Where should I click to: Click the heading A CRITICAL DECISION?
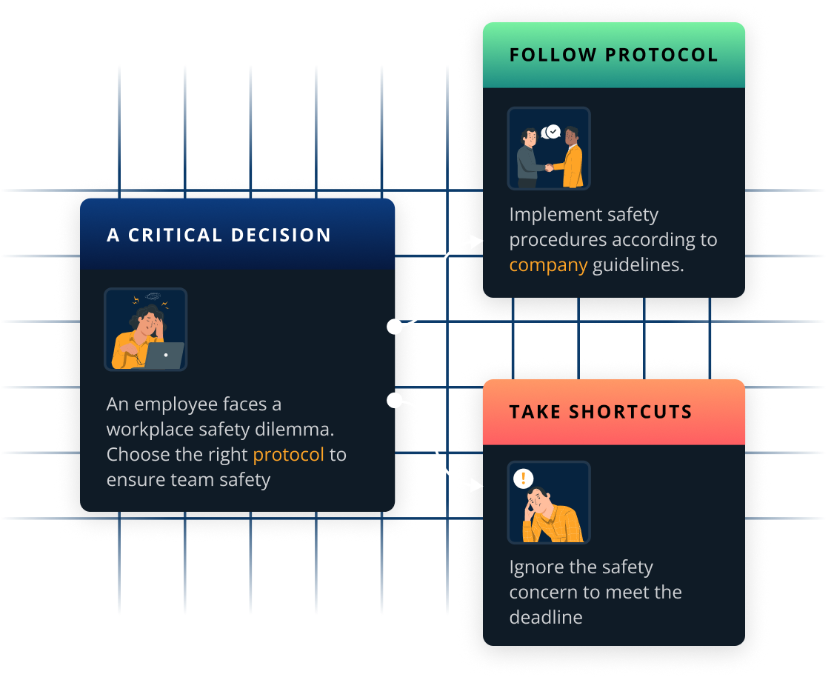[x=218, y=236]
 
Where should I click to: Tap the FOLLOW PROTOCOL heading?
[x=613, y=56]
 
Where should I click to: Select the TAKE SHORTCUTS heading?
[x=600, y=413]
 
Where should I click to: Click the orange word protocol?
[x=289, y=454]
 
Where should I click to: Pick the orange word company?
[x=548, y=265]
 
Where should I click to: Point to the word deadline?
[x=546, y=617]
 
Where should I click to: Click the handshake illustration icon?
[x=549, y=149]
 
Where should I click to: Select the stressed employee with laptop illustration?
[x=146, y=330]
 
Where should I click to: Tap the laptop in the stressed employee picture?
[x=164, y=356]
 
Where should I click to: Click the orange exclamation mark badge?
[x=523, y=478]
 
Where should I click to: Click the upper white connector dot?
[x=395, y=327]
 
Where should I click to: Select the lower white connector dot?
[x=395, y=401]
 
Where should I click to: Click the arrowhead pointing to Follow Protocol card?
[x=477, y=240]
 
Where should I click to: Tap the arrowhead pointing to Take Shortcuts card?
[x=477, y=486]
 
